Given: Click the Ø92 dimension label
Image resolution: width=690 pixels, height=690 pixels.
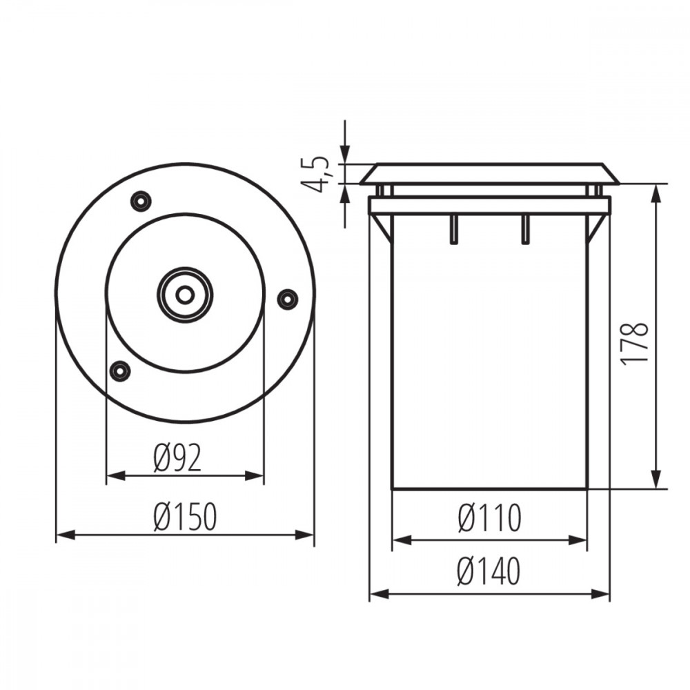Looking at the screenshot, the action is tap(177, 458).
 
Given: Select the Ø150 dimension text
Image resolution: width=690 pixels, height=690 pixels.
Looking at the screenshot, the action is tap(185, 517).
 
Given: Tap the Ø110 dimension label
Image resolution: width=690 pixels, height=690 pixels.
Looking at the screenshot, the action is tap(490, 518).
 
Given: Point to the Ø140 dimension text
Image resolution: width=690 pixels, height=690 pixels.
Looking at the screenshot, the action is tap(489, 571).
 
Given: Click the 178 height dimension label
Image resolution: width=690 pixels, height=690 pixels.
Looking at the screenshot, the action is tap(634, 343).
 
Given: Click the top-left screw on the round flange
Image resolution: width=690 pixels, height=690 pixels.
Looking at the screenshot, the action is tap(141, 201).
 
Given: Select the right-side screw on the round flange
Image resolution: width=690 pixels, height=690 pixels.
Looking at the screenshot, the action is tap(287, 299).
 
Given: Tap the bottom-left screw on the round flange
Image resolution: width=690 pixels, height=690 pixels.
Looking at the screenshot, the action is tap(119, 371).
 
